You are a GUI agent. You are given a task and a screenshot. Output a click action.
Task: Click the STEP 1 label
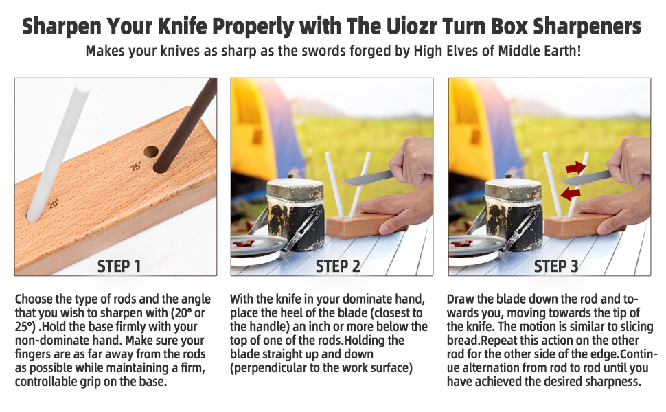119,266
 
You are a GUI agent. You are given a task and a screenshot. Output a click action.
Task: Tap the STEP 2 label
338,266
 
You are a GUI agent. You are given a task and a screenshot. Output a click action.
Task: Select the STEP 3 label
556,266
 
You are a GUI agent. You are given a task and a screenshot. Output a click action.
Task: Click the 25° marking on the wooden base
136,166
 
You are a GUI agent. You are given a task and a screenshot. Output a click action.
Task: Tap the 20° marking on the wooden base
53,203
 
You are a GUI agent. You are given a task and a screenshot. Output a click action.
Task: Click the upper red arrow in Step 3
576,167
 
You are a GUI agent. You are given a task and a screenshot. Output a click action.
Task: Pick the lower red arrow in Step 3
569,193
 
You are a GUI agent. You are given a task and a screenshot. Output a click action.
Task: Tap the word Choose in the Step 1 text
33,299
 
